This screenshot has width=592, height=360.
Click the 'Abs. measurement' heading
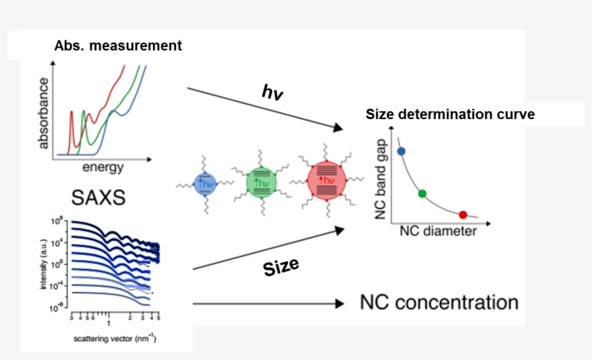118,45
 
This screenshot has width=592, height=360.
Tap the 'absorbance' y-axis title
45,113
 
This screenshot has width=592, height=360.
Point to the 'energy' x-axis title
103,168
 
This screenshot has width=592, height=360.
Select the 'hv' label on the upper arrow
271,92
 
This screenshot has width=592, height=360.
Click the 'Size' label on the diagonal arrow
281,268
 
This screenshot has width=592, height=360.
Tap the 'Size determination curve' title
450,114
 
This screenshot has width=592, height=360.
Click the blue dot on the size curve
401,151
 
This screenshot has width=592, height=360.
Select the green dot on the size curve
422,193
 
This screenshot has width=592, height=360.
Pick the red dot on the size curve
463,214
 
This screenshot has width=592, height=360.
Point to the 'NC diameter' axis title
438,232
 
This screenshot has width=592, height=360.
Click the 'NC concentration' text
439,302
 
